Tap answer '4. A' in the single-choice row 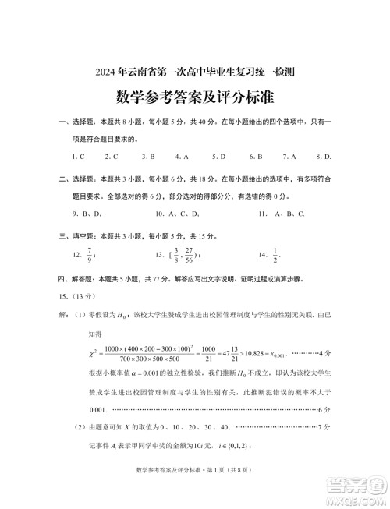[182, 156]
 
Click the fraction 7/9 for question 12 [90, 254]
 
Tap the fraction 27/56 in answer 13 [189, 254]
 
